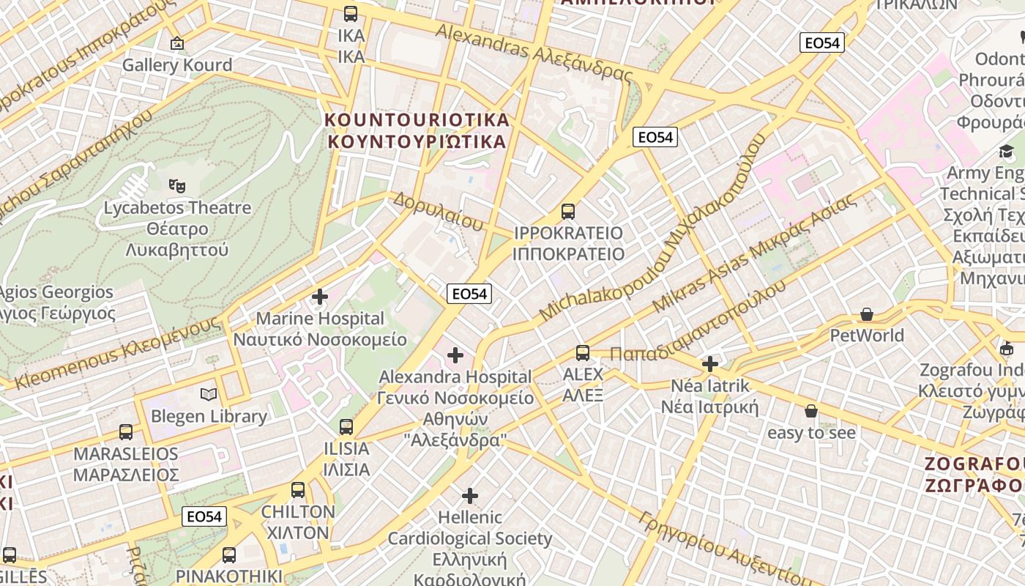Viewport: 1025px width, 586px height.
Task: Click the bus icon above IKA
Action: click(x=351, y=14)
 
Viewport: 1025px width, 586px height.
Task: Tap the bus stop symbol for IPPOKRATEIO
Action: click(x=567, y=212)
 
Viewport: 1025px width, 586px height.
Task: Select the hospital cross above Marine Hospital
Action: click(x=320, y=297)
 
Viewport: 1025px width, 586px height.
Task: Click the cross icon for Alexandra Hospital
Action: click(x=455, y=356)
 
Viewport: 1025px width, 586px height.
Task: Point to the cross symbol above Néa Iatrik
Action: click(x=709, y=363)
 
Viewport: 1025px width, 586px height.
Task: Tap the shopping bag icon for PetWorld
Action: click(x=867, y=315)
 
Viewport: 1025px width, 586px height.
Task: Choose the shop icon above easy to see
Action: click(x=810, y=412)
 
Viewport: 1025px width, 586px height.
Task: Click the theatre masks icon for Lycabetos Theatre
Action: click(x=176, y=186)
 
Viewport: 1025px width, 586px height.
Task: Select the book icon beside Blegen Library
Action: click(x=209, y=395)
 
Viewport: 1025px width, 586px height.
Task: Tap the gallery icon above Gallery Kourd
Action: click(x=176, y=44)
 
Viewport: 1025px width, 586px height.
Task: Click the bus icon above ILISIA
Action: click(x=346, y=426)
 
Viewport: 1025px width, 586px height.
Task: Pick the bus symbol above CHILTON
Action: click(x=298, y=490)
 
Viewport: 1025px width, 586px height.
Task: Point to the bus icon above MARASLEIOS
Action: click(x=126, y=432)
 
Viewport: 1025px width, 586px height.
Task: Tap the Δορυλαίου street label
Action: click(x=438, y=211)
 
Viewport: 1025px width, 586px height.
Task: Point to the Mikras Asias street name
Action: click(x=754, y=253)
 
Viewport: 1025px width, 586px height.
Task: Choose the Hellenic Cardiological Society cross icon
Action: click(x=470, y=496)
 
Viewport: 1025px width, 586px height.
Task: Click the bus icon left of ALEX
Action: click(x=583, y=353)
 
